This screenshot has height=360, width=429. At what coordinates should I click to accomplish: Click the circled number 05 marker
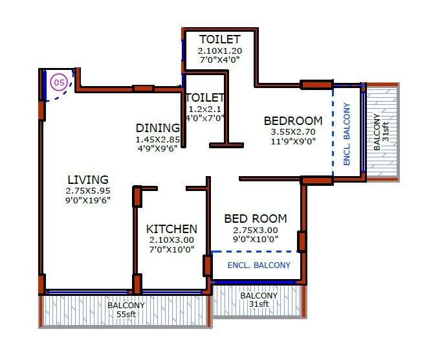59,82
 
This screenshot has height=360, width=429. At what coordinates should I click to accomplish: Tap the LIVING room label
87,179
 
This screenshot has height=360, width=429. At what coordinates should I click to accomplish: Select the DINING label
157,128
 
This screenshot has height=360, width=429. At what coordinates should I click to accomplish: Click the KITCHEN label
171,229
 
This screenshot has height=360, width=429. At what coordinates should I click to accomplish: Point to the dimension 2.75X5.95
87,191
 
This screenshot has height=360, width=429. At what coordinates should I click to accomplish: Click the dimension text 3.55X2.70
293,133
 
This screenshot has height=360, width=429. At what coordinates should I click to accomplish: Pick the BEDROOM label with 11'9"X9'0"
293,120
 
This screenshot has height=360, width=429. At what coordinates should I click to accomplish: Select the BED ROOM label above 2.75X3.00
256,219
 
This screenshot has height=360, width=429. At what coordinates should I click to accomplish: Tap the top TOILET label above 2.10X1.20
220,39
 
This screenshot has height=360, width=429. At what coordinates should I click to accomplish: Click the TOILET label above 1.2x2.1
205,98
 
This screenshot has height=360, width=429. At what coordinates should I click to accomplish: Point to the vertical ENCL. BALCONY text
347,134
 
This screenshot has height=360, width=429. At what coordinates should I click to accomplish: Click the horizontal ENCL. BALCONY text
259,265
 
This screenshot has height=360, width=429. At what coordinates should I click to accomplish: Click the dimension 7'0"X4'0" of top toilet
220,60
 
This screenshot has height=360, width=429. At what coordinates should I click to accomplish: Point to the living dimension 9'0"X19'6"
87,201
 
